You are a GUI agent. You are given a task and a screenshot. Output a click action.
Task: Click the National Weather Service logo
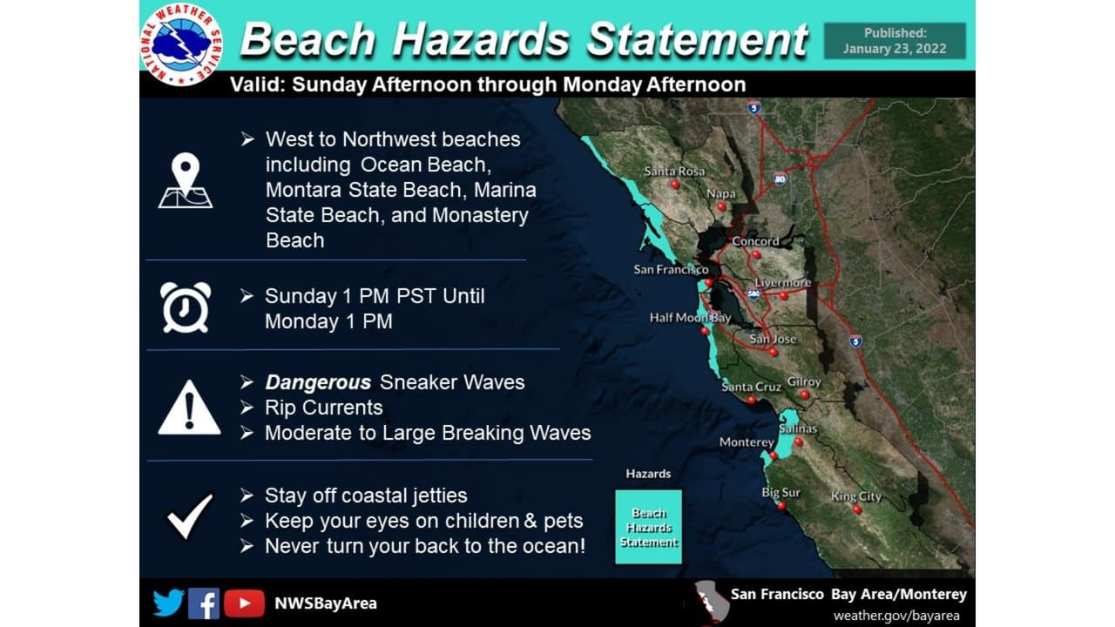(x=182, y=44)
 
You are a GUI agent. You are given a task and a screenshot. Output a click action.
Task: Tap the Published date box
(x=895, y=41)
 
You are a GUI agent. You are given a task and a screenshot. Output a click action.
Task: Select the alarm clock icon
(x=186, y=307)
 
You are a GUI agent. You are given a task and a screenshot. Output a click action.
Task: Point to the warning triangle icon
(x=189, y=408)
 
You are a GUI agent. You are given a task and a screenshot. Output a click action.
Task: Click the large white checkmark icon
(x=190, y=516)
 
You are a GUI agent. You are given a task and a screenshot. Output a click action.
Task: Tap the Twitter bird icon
(x=168, y=603)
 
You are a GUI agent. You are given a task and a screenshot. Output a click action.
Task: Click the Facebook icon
(x=204, y=603)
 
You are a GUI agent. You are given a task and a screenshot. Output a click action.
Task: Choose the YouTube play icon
(x=244, y=603)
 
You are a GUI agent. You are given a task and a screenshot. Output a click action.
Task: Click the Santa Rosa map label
(x=674, y=172)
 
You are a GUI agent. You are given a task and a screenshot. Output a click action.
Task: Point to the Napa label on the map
(x=720, y=193)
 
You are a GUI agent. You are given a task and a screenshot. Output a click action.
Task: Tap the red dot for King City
(x=856, y=509)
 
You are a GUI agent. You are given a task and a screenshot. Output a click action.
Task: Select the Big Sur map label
(x=780, y=493)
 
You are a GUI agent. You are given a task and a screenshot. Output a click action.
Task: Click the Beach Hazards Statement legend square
(x=649, y=527)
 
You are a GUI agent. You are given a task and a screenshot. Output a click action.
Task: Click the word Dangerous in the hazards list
(x=318, y=382)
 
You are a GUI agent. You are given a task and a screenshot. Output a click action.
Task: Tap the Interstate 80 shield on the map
(x=780, y=179)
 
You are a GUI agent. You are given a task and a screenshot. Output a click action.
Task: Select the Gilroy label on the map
(x=804, y=381)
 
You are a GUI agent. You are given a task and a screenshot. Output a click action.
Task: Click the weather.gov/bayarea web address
(x=896, y=616)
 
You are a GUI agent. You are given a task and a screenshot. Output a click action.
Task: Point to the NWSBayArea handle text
(x=326, y=603)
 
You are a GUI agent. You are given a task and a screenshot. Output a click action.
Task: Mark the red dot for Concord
(x=756, y=254)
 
